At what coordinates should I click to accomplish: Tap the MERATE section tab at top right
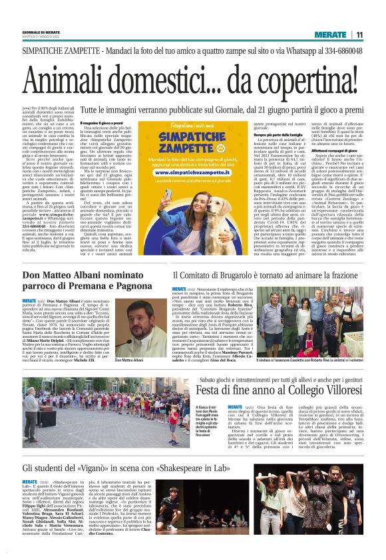point(331,35)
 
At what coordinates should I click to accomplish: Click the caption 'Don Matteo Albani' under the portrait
point(129,360)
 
